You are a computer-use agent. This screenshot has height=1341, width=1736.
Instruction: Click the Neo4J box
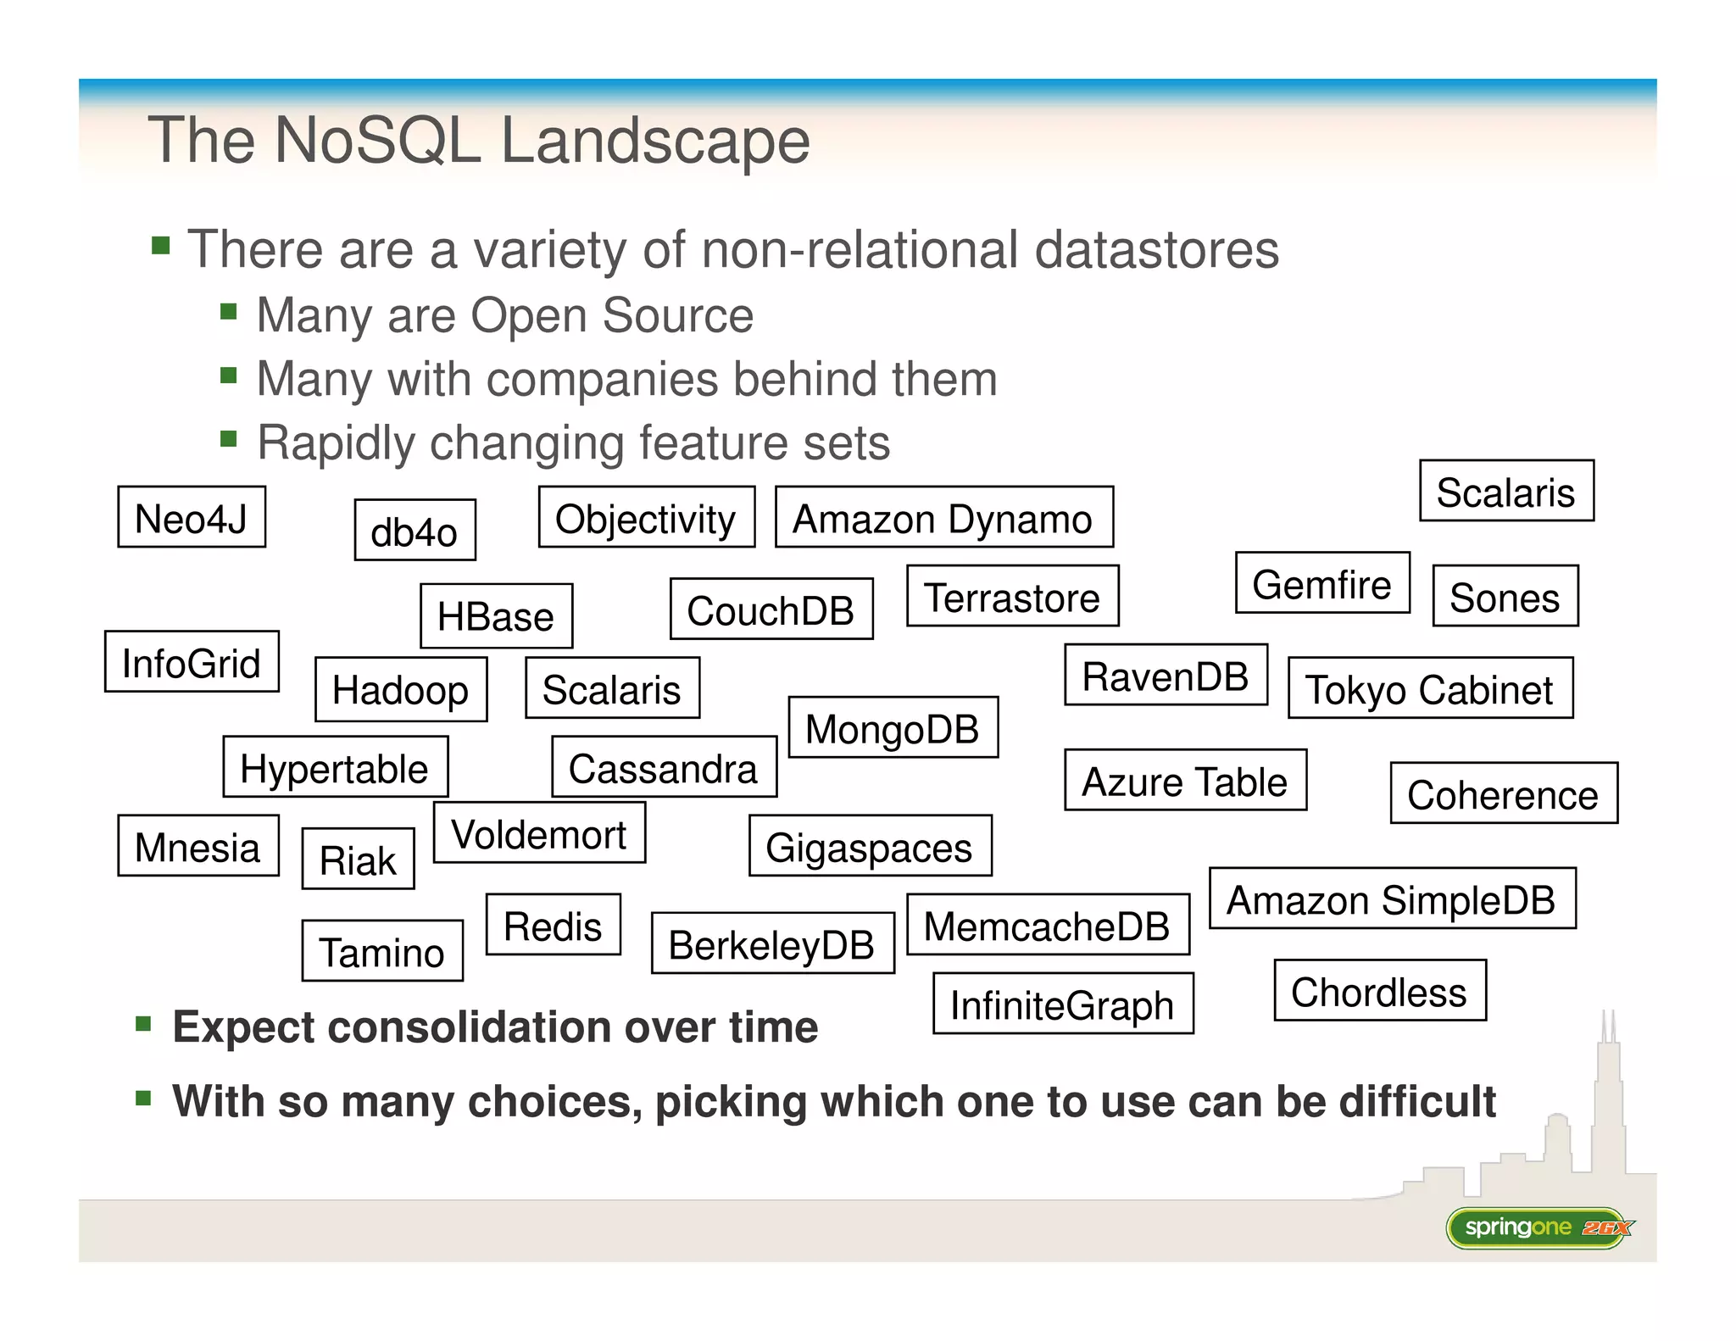click(192, 517)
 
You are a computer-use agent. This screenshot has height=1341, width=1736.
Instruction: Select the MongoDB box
click(893, 727)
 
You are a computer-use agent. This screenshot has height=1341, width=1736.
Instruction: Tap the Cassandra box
click(664, 767)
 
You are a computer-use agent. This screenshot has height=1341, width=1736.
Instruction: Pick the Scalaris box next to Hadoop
click(612, 688)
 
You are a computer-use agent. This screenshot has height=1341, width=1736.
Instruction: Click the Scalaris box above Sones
click(1506, 491)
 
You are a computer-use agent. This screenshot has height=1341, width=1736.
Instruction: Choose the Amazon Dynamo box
click(943, 517)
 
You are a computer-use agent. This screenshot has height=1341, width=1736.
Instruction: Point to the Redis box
click(553, 925)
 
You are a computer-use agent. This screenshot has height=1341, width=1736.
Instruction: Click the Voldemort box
click(539, 833)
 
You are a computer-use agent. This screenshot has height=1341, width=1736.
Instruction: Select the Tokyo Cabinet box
click(1430, 688)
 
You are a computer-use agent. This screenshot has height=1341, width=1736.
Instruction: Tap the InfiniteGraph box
click(1063, 1004)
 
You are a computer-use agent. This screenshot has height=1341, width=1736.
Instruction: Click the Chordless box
click(1379, 991)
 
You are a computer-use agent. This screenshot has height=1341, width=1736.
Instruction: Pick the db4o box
click(415, 531)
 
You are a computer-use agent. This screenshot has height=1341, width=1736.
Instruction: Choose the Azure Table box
click(1185, 781)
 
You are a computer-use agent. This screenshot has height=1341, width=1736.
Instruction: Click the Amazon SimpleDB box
click(1392, 899)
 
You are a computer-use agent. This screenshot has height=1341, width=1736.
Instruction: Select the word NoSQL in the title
click(378, 140)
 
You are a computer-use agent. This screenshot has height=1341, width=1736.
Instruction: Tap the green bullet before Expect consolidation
click(143, 1025)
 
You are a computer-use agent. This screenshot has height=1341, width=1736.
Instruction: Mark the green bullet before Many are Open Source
click(228, 312)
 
